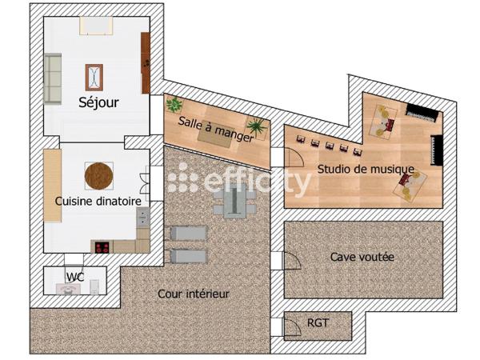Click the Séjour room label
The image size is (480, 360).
click(x=99, y=102)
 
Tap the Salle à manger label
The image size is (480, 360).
click(x=216, y=129)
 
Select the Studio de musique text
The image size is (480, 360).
click(x=366, y=169)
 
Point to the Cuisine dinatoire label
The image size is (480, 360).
click(x=98, y=202)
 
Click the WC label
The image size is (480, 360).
click(x=75, y=277)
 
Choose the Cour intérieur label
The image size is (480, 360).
click(x=194, y=294)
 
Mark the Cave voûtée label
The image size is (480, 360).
click(x=362, y=257)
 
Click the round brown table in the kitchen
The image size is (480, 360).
click(x=99, y=174)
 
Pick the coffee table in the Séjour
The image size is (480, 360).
click(x=94, y=78)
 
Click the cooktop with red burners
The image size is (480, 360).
click(x=103, y=246)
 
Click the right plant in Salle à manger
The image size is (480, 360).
click(x=257, y=126)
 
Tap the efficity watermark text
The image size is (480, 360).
click(x=240, y=181)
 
